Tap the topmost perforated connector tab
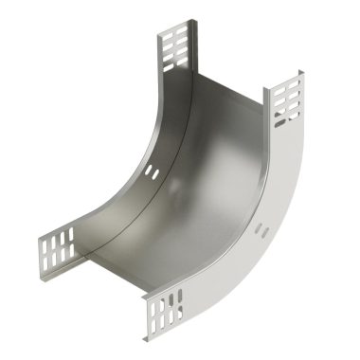coord(175,46)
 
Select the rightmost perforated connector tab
coord(288,104)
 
